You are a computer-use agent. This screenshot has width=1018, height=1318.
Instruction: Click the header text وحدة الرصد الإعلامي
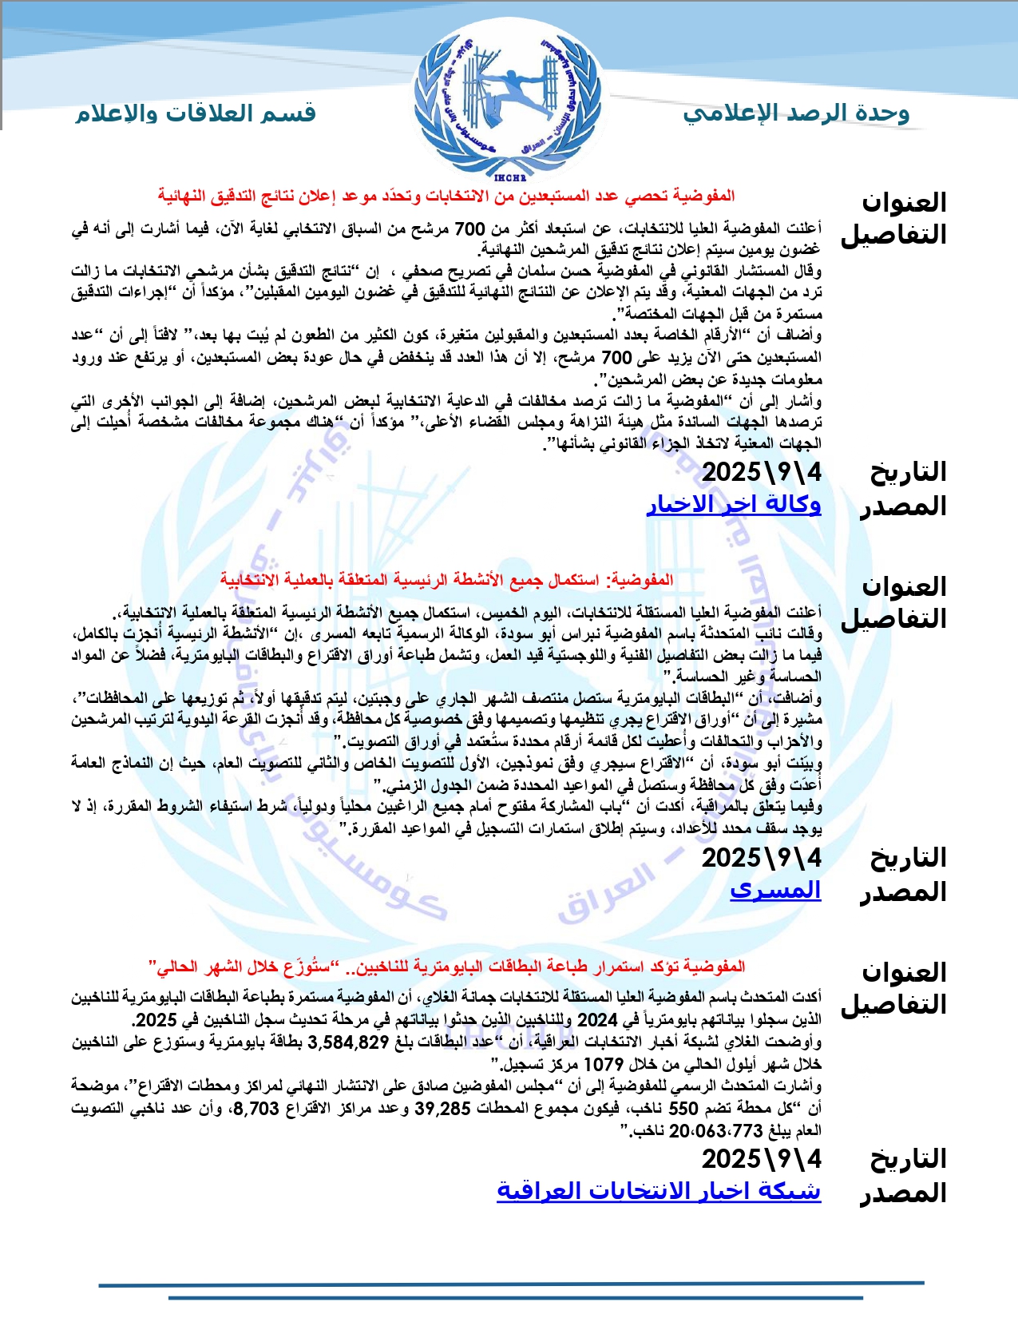[796, 113]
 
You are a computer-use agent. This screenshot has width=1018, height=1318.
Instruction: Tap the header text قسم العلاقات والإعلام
[196, 113]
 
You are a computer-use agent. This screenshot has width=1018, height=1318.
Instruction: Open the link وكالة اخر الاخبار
[733, 504]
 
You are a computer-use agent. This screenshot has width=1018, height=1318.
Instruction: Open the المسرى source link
[775, 890]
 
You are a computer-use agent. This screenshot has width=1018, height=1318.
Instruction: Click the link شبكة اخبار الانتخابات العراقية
[659, 1191]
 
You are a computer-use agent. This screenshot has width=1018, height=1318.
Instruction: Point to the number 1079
[604, 1064]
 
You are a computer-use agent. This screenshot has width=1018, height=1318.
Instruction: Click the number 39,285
[442, 1108]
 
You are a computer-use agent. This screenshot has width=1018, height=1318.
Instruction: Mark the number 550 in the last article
[683, 1108]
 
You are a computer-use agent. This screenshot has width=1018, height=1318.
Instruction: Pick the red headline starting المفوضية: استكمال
[446, 580]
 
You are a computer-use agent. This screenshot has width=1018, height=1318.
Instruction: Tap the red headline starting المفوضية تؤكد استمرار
[446, 967]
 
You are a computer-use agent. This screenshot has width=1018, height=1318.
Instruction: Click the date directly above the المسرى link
[761, 858]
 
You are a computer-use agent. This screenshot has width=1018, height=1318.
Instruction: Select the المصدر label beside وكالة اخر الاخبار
[903, 506]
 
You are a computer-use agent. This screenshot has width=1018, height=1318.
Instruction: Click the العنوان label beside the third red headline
[904, 972]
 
